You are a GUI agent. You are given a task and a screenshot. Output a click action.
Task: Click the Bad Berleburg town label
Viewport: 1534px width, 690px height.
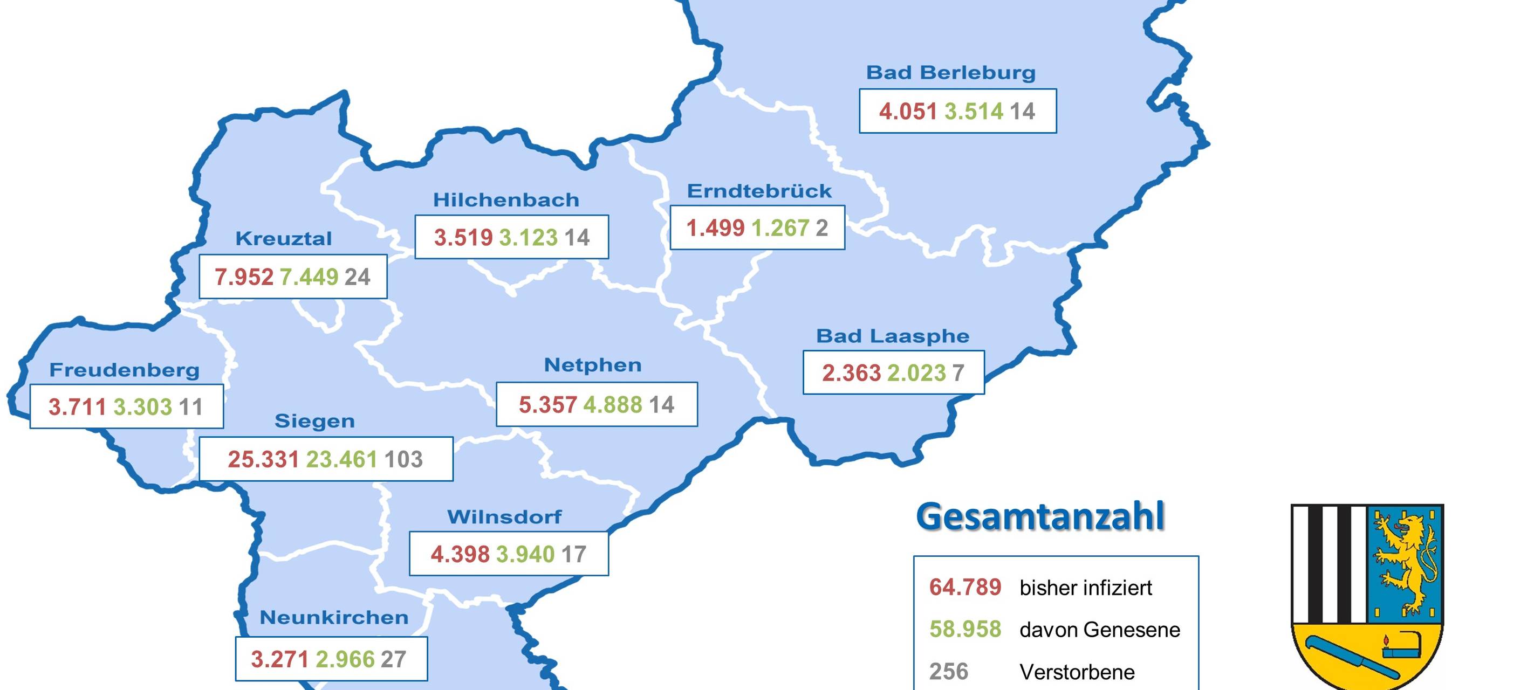(950, 73)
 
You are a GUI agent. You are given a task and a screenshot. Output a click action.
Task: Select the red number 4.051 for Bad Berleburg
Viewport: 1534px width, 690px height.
(908, 112)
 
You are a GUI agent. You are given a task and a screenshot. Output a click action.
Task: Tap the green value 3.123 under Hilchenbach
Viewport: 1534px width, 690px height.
(528, 238)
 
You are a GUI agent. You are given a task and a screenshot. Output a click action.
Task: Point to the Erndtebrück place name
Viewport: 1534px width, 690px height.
(759, 191)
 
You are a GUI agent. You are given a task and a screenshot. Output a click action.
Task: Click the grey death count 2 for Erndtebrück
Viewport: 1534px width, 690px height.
(822, 228)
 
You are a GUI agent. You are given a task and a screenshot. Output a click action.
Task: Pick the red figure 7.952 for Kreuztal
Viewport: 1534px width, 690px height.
(244, 277)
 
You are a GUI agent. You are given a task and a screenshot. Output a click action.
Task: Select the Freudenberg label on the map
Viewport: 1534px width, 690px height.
(124, 370)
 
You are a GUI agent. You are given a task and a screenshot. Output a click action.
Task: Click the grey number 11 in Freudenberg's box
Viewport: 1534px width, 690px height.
(190, 407)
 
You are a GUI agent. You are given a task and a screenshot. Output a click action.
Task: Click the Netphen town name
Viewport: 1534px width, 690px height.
(593, 365)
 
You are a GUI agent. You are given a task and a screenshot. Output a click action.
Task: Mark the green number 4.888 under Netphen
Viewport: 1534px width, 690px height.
(612, 405)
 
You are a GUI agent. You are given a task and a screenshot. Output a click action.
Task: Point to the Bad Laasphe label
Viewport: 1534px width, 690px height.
(892, 336)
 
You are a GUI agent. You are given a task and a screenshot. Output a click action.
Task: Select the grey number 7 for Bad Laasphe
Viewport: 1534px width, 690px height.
(958, 373)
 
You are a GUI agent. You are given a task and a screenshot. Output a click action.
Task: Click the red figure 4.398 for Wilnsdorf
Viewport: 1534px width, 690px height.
(460, 554)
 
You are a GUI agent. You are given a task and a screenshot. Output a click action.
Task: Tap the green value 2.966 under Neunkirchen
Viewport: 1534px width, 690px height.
(345, 659)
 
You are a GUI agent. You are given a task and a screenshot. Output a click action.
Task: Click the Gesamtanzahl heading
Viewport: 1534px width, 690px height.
(1040, 516)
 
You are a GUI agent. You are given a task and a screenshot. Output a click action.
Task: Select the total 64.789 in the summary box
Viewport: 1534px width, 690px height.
(965, 588)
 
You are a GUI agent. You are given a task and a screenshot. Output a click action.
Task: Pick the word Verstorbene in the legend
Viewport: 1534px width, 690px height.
(1077, 672)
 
